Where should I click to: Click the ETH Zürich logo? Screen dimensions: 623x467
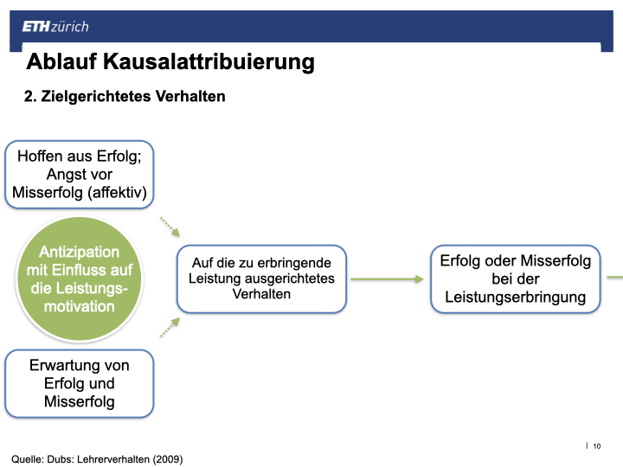[x=55, y=27]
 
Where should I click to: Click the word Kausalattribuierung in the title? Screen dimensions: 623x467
[x=209, y=63]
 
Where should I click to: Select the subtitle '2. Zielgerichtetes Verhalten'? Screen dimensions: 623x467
[x=125, y=97]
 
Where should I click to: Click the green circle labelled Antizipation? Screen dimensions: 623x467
[x=80, y=278]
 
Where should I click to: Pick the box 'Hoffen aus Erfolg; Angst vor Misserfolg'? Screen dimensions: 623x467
[x=80, y=175]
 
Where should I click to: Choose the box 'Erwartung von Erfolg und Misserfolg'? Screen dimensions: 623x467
[x=80, y=384]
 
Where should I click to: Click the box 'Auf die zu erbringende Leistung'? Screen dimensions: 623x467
[x=261, y=278]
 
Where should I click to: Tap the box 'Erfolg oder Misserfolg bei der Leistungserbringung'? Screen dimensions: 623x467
[x=516, y=278]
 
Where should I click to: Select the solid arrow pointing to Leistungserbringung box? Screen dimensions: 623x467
[x=387, y=279]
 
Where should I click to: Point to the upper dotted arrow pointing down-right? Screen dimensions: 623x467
[x=170, y=227]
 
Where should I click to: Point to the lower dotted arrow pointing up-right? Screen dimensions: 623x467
[x=170, y=327]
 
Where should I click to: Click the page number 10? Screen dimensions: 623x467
[x=597, y=446]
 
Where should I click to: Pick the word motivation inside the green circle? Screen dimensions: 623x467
[x=80, y=306]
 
